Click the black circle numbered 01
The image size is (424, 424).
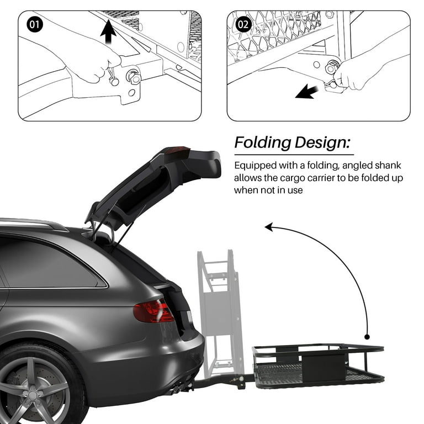point(34,25)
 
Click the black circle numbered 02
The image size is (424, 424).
point(243,25)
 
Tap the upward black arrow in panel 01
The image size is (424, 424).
point(109,31)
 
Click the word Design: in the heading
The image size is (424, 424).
point(325,142)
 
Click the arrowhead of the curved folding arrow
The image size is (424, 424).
point(269,226)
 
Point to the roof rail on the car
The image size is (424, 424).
point(33,223)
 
